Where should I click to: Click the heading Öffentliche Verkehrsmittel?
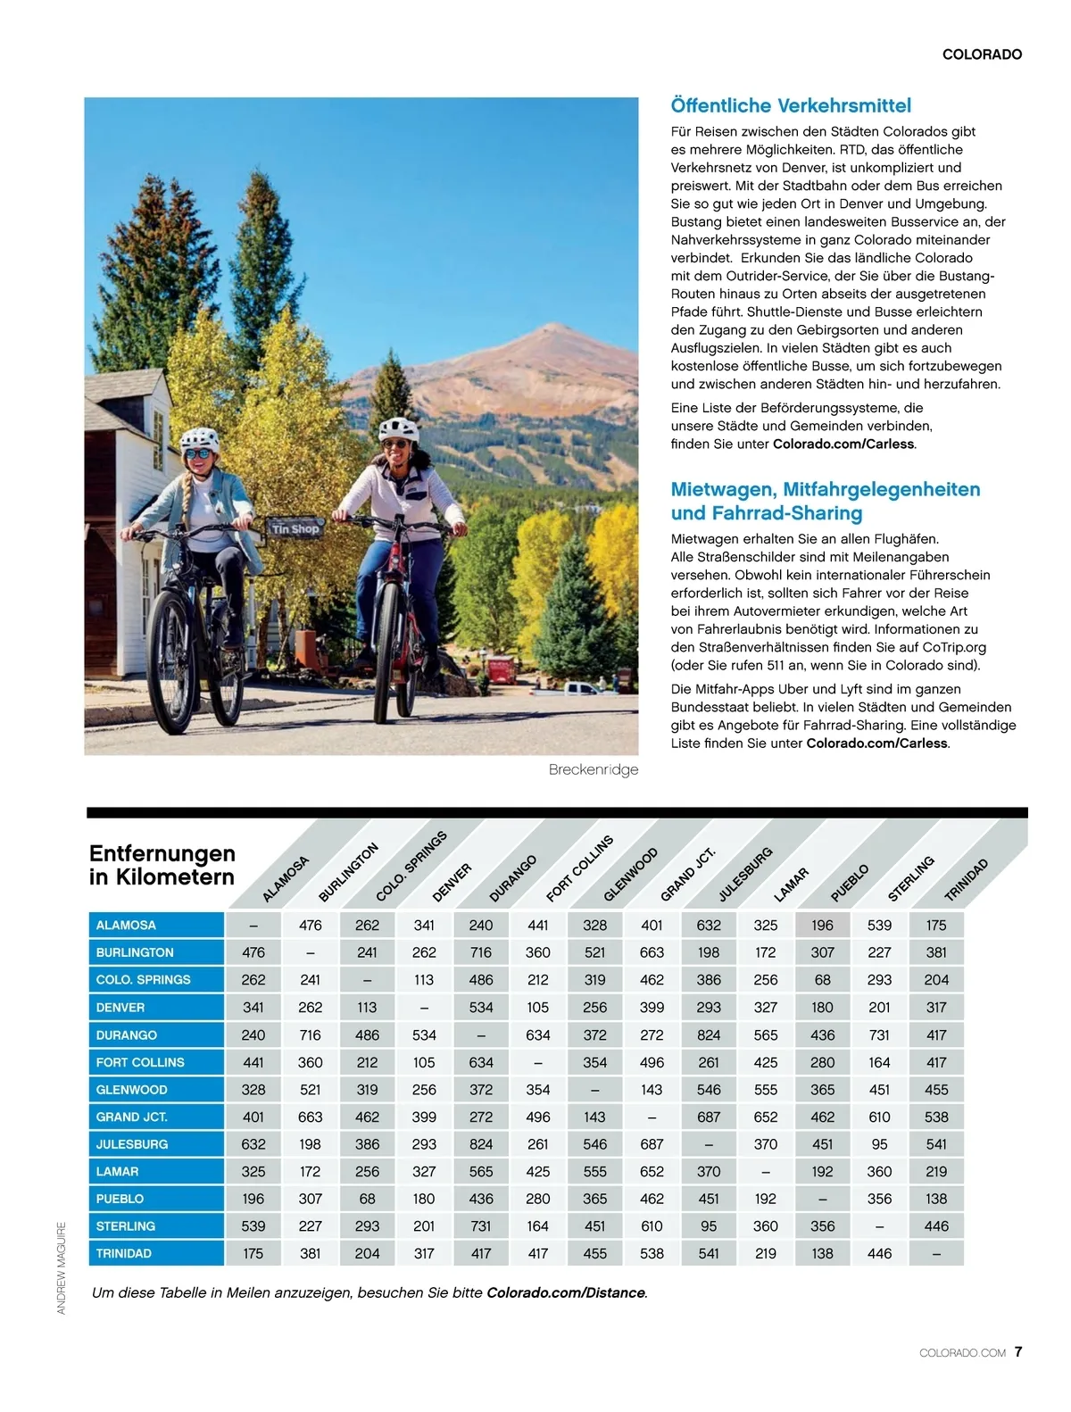click(x=791, y=105)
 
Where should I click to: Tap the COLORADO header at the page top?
click(x=982, y=54)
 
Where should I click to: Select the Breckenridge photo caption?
click(x=594, y=769)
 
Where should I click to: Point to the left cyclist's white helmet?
click(x=199, y=438)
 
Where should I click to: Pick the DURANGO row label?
click(x=127, y=1035)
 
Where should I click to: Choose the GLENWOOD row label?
click(x=131, y=1090)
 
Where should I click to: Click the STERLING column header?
click(x=910, y=878)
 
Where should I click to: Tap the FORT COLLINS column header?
click(x=580, y=868)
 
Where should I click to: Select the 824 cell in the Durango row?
click(x=709, y=1035)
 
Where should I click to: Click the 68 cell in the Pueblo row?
click(x=367, y=1199)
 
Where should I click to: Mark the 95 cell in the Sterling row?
click(x=709, y=1226)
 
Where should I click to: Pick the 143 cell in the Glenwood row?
click(x=652, y=1090)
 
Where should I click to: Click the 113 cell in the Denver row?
click(x=367, y=1008)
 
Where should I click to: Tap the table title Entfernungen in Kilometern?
click(x=162, y=865)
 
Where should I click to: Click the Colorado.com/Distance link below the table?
click(x=566, y=1292)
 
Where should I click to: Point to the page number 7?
click(x=1018, y=1351)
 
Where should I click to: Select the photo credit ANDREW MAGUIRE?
click(x=62, y=1267)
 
